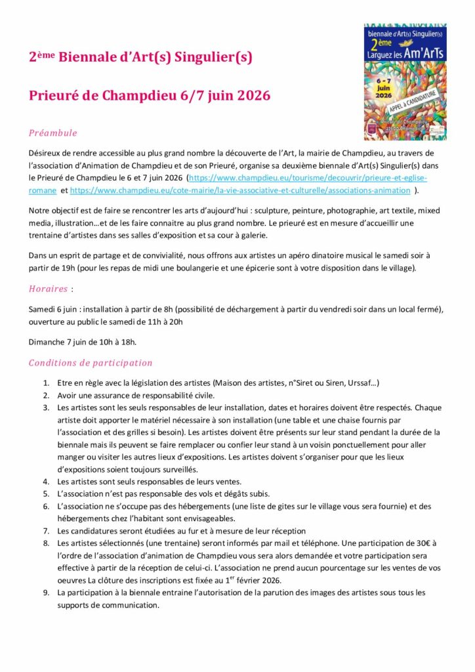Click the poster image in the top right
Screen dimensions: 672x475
click(x=405, y=81)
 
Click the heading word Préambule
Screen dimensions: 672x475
click(x=53, y=133)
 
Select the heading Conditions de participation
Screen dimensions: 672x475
click(x=91, y=363)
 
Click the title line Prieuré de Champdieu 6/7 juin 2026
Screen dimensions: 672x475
click(x=150, y=96)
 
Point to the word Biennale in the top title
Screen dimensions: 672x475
click(x=87, y=58)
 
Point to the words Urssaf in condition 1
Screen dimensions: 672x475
click(x=360, y=383)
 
